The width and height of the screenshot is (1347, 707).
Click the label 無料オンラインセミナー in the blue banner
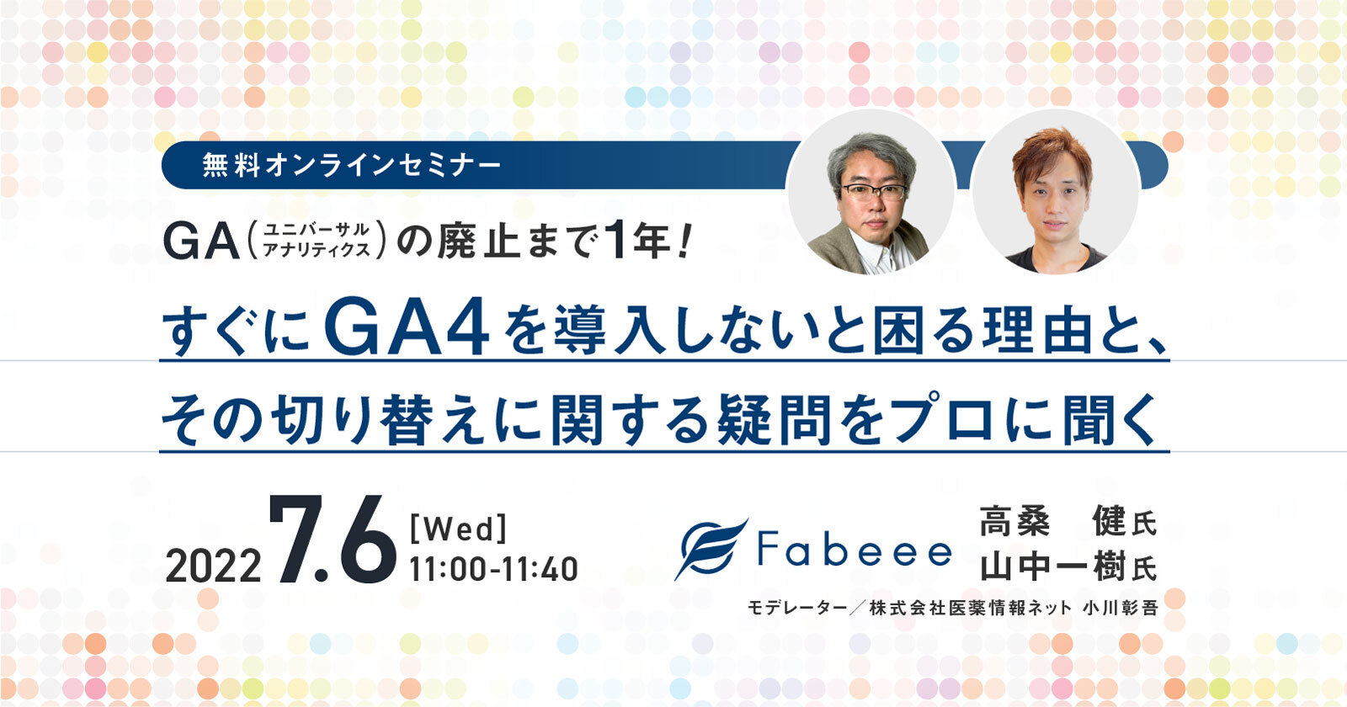pyautogui.click(x=351, y=165)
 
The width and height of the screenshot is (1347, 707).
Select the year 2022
pyautogui.click(x=213, y=566)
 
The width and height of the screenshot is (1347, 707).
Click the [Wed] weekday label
pyautogui.click(x=457, y=529)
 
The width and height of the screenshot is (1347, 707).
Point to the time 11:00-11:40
pyautogui.click(x=493, y=569)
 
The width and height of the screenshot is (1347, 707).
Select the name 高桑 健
pyautogui.click(x=1052, y=523)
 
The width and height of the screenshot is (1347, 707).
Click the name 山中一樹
pyautogui.click(x=1052, y=567)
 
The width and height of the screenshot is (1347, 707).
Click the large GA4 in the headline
pyautogui.click(x=406, y=330)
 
